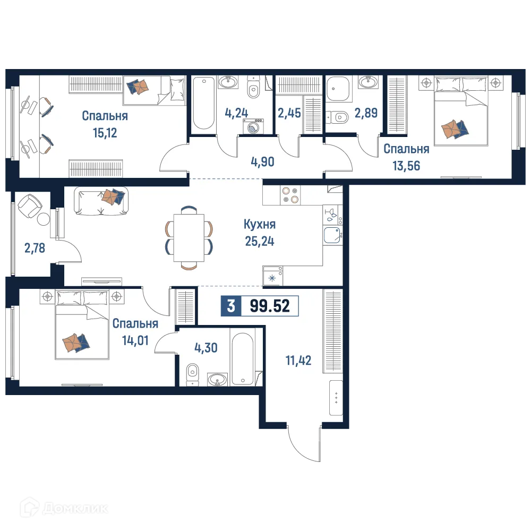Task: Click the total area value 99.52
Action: (x=269, y=306)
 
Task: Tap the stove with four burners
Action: (x=290, y=195)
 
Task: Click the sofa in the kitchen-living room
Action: (x=101, y=201)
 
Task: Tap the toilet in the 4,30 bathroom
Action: (x=192, y=374)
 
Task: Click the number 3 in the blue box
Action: (x=230, y=306)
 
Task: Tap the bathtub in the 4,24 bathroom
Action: (x=203, y=103)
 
